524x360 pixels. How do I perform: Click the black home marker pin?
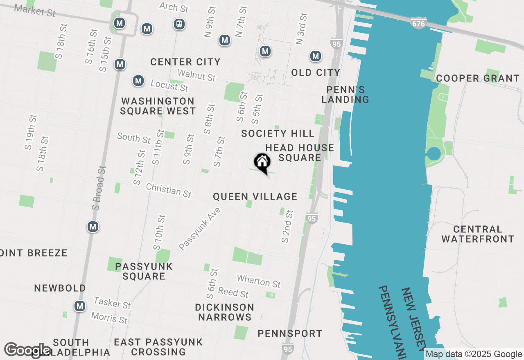(x=262, y=162)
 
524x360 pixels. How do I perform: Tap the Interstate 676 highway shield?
(x=418, y=24)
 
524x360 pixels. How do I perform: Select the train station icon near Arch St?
(x=179, y=24)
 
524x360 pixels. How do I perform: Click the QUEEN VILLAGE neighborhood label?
(x=255, y=197)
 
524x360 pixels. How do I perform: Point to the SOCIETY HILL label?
(x=278, y=133)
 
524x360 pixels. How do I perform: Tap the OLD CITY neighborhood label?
(x=316, y=72)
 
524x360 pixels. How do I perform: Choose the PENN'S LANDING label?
(x=345, y=94)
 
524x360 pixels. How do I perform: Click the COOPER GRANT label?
(x=477, y=78)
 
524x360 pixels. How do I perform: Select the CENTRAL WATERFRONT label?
(x=478, y=234)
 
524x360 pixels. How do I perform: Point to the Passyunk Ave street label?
(x=200, y=229)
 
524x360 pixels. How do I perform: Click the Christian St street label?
(x=169, y=190)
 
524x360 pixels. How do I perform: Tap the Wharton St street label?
(x=259, y=281)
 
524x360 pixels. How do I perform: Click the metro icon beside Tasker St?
(x=80, y=306)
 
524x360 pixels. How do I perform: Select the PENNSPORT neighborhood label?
(x=289, y=334)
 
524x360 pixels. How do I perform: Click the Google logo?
(x=27, y=350)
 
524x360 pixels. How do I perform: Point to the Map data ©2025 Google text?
(x=474, y=354)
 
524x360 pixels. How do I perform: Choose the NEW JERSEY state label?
(x=413, y=319)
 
